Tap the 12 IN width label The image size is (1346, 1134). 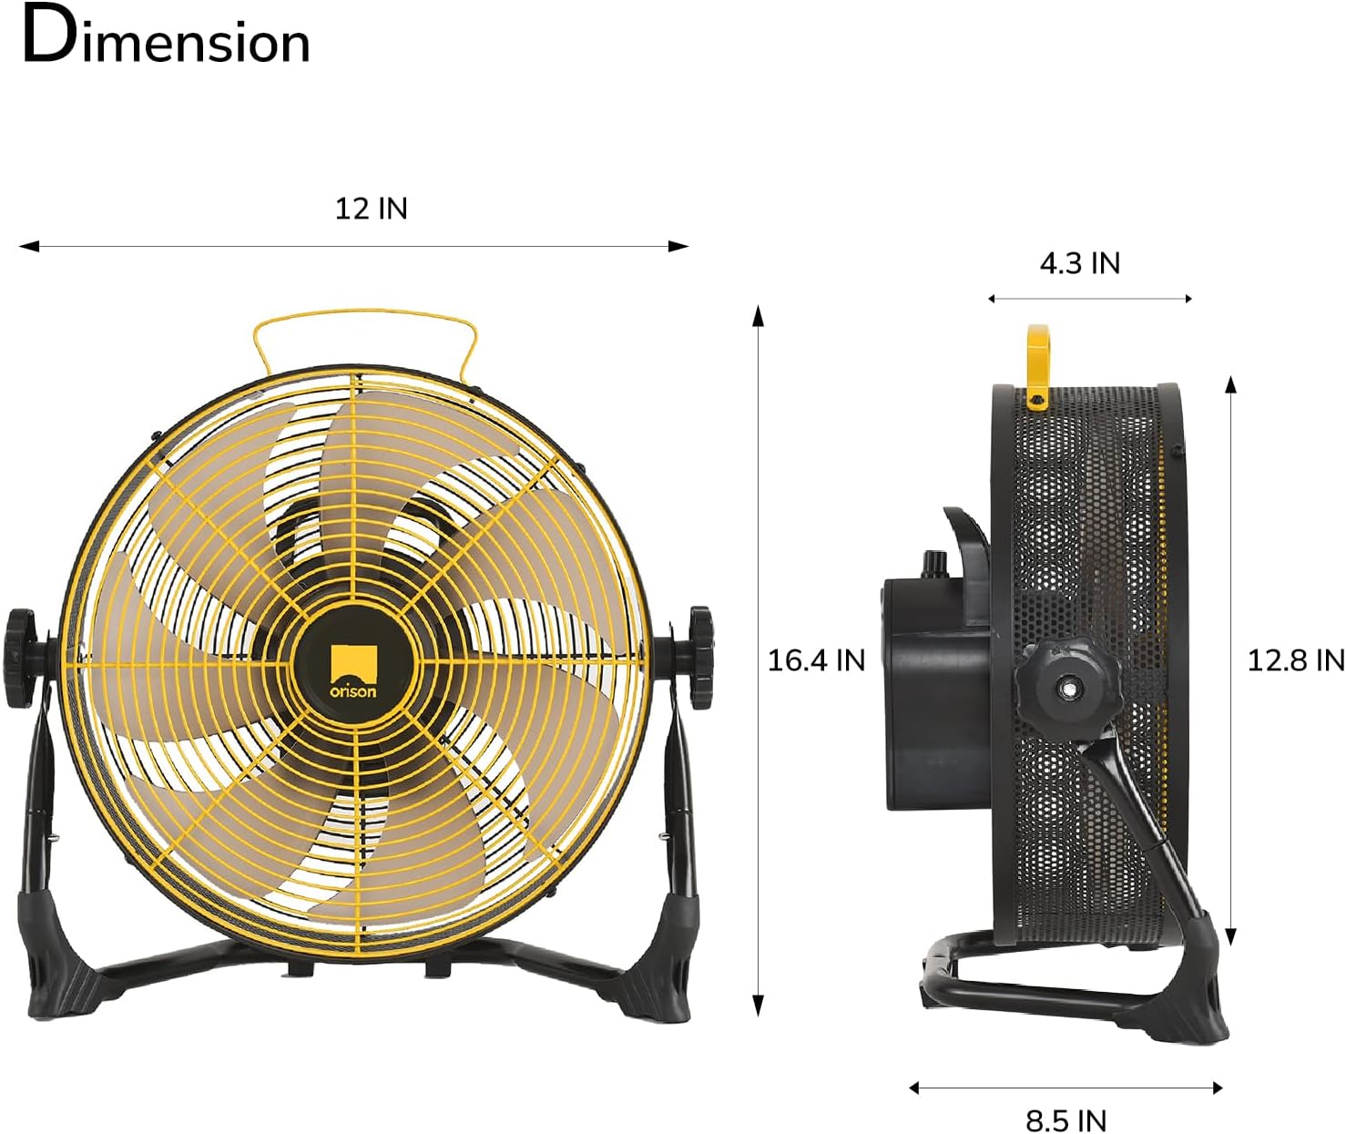pos(371,209)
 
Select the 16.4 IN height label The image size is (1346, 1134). pos(815,659)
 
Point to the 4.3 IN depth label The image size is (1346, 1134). pos(1079,263)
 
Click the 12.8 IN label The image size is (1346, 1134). pos(1294,659)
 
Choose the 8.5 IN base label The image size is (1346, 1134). pos(1066,1119)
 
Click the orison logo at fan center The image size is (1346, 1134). pos(353,669)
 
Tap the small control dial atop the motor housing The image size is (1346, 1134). pos(932,564)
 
